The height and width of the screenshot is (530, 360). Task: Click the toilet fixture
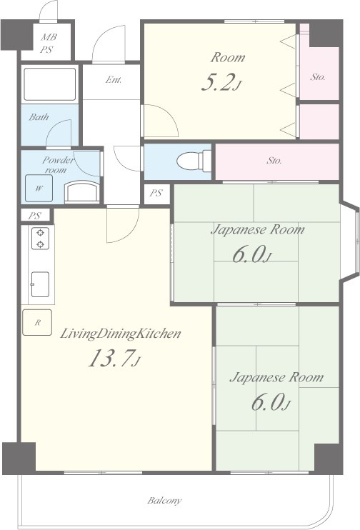[194, 161]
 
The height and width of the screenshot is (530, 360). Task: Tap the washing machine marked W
[39, 189]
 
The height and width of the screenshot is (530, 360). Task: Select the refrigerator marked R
[37, 322]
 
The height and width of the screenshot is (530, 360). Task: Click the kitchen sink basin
[40, 284]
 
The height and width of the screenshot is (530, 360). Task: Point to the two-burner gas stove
[40, 239]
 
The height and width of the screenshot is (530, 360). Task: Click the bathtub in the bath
[50, 84]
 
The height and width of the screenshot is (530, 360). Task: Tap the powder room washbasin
[82, 192]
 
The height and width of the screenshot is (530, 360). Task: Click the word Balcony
[164, 500]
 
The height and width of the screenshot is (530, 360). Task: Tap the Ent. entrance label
[114, 80]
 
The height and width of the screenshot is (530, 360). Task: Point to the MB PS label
[48, 44]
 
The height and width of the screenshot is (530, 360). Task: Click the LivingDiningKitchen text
[121, 334]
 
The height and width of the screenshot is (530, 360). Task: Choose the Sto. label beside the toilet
[274, 161]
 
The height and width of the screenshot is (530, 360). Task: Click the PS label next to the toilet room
[156, 193]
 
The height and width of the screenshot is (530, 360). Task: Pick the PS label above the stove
[34, 216]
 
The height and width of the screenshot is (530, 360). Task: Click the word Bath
[39, 117]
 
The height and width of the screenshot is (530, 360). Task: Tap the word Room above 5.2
[228, 57]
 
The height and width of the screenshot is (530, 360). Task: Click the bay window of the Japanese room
[350, 241]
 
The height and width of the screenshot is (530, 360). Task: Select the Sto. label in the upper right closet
[318, 77]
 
